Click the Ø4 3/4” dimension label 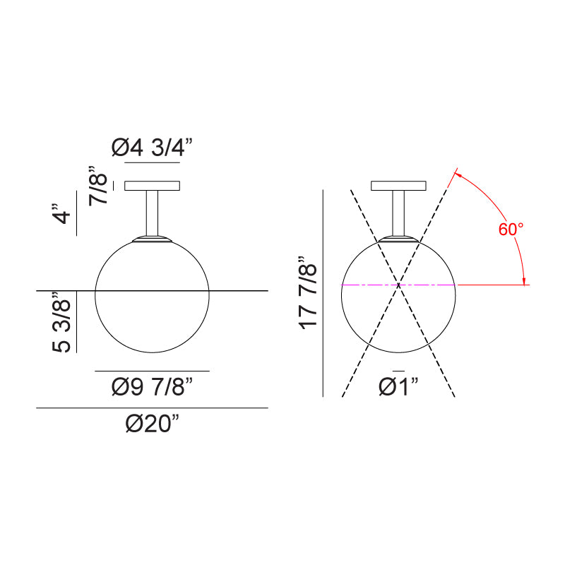(152, 148)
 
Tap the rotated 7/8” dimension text (98, 186)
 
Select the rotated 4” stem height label (61, 214)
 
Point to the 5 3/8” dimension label (61, 322)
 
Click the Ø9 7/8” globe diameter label (152, 386)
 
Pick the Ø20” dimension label (152, 423)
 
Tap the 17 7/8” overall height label (308, 292)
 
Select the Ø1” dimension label (398, 386)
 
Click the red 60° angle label (511, 229)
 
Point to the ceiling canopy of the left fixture (152, 186)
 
